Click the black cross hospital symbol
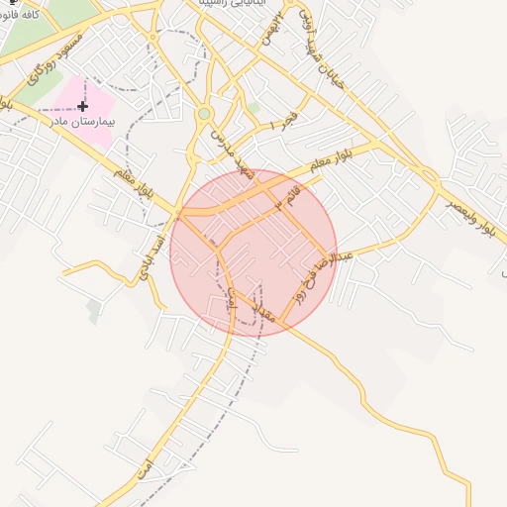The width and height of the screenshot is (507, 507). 82,105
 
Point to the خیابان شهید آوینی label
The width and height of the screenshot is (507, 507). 324,58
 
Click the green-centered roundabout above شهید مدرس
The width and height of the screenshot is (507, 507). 204,114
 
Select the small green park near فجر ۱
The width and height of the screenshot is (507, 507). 254,106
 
